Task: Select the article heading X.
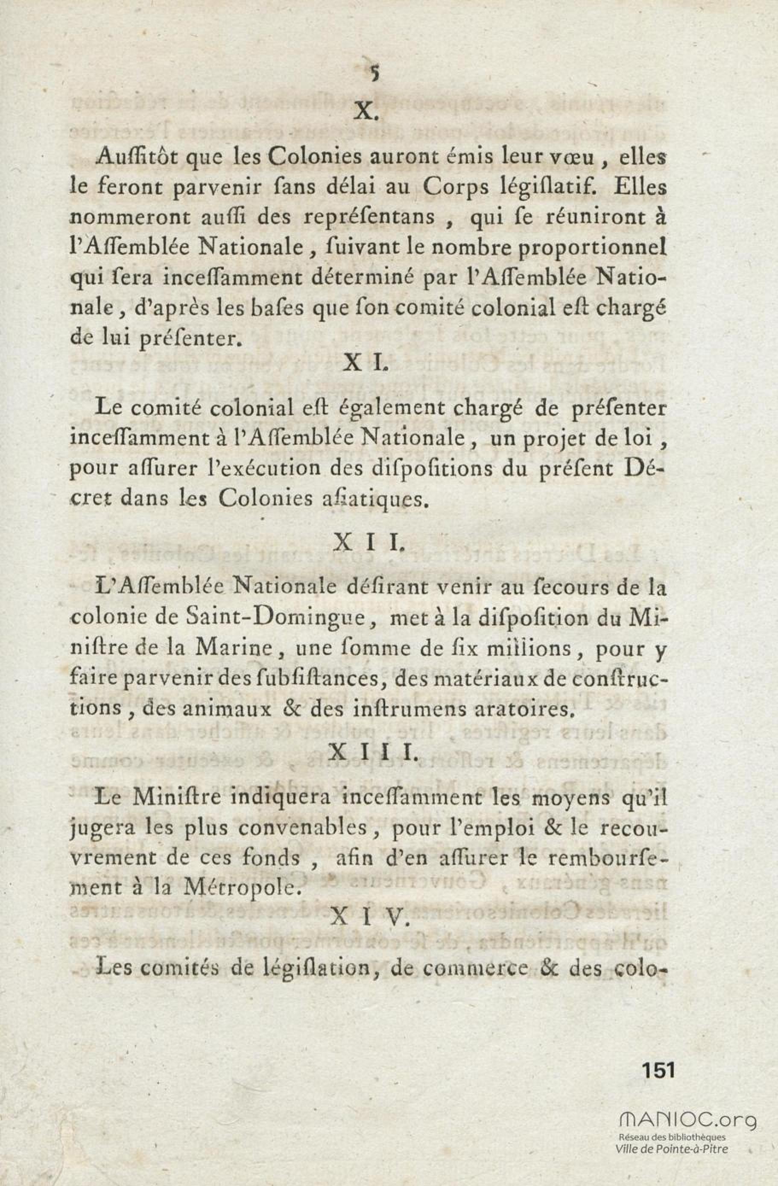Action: tap(367, 113)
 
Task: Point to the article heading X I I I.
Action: tap(374, 753)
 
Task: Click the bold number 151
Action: tap(659, 1070)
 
